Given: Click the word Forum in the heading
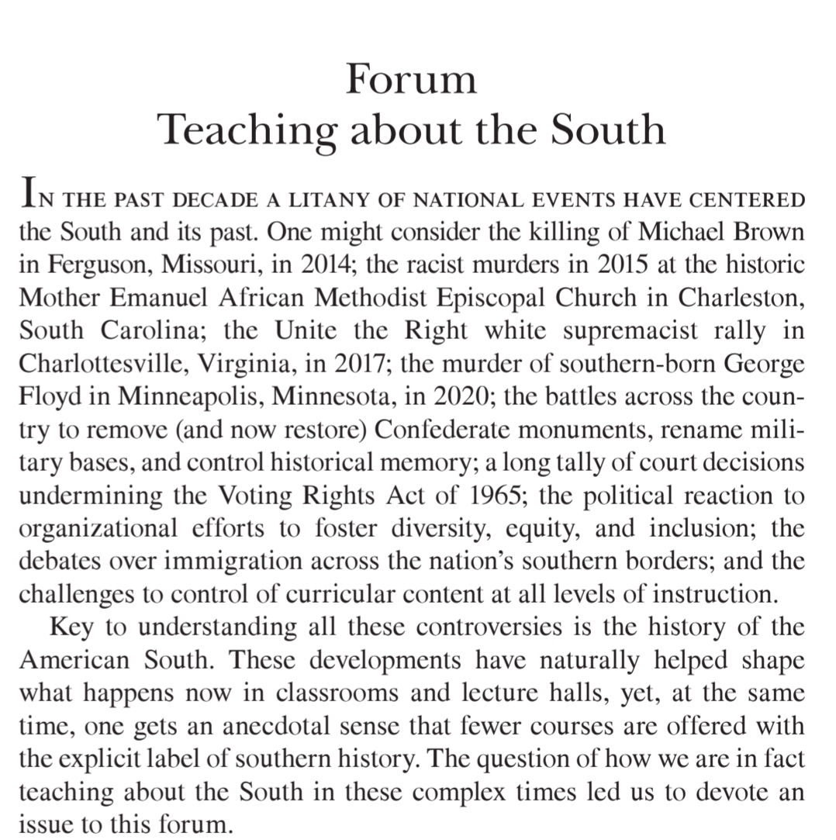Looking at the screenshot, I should pos(411,79).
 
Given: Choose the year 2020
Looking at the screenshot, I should pos(461,397).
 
